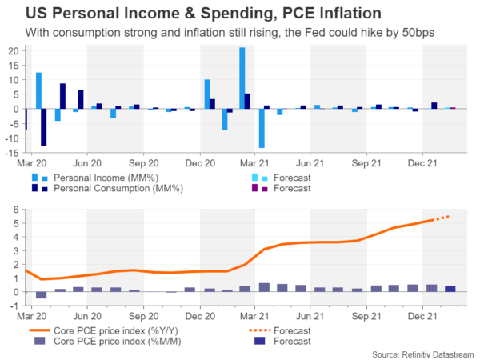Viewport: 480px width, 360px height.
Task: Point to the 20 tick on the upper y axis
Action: pyautogui.click(x=13, y=50)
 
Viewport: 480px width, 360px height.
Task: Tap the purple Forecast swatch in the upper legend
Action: pyautogui.click(x=255, y=189)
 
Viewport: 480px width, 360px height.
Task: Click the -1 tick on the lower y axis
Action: pyautogui.click(x=14, y=306)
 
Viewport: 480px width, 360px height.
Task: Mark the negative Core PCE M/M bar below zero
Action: pyautogui.click(x=41, y=295)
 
